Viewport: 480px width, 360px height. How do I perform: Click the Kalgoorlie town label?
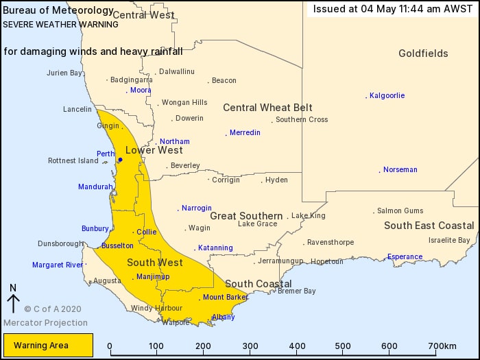(x=387, y=95)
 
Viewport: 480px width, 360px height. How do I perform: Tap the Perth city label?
(x=106, y=154)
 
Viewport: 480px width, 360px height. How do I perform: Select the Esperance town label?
(x=405, y=257)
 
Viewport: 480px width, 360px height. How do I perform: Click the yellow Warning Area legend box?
(x=48, y=345)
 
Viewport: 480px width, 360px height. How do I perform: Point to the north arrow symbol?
(x=13, y=300)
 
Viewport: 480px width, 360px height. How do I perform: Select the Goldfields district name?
(x=423, y=53)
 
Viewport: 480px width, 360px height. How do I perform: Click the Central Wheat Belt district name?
(x=267, y=108)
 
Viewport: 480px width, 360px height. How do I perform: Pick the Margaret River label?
(x=57, y=265)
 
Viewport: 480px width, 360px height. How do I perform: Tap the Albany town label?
(x=224, y=317)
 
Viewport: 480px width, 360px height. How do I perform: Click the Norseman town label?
(x=400, y=169)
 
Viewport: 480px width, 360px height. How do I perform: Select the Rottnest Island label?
(x=73, y=161)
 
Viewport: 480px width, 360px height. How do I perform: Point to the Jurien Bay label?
(x=64, y=73)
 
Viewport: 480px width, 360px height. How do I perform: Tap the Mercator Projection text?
(x=45, y=322)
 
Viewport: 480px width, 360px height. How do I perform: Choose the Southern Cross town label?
(x=302, y=120)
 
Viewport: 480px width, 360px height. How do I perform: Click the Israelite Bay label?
(x=449, y=240)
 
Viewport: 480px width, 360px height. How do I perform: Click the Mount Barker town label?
(x=224, y=297)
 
